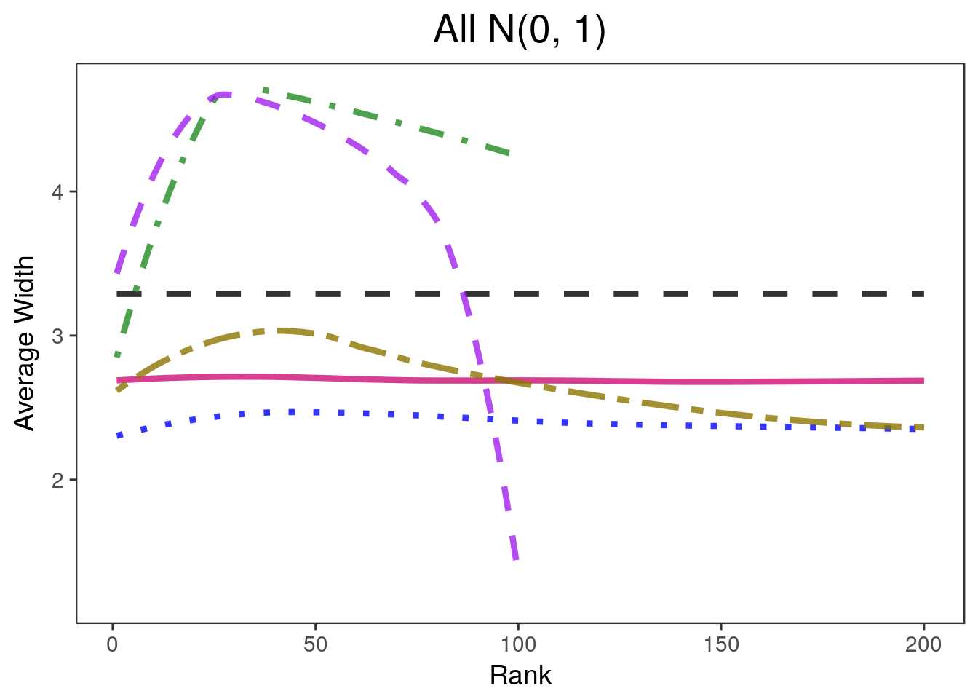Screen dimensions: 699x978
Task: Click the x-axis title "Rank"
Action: [x=520, y=676]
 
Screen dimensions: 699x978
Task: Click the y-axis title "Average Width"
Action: [x=25, y=344]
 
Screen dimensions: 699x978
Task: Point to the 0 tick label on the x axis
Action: [x=113, y=645]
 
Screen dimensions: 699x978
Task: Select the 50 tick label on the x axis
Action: [x=315, y=645]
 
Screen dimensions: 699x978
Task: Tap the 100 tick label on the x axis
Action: [x=518, y=645]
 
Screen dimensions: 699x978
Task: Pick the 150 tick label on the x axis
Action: [x=721, y=645]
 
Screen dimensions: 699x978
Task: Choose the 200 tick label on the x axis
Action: [x=923, y=645]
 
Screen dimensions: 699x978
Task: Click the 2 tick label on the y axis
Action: [x=57, y=480]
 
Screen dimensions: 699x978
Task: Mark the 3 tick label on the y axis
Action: [x=57, y=336]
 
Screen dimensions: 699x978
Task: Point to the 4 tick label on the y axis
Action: [x=57, y=193]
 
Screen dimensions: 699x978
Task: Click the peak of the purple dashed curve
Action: [x=223, y=94]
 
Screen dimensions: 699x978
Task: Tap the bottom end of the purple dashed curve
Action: [x=516, y=559]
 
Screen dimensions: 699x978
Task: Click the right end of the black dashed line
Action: [x=923, y=293]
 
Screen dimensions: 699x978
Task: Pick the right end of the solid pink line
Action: [x=923, y=381]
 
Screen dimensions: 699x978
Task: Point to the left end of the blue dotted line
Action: [x=117, y=436]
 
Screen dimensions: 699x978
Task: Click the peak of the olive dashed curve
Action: [x=280, y=331]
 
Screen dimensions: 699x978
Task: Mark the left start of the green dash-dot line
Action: [x=117, y=355]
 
